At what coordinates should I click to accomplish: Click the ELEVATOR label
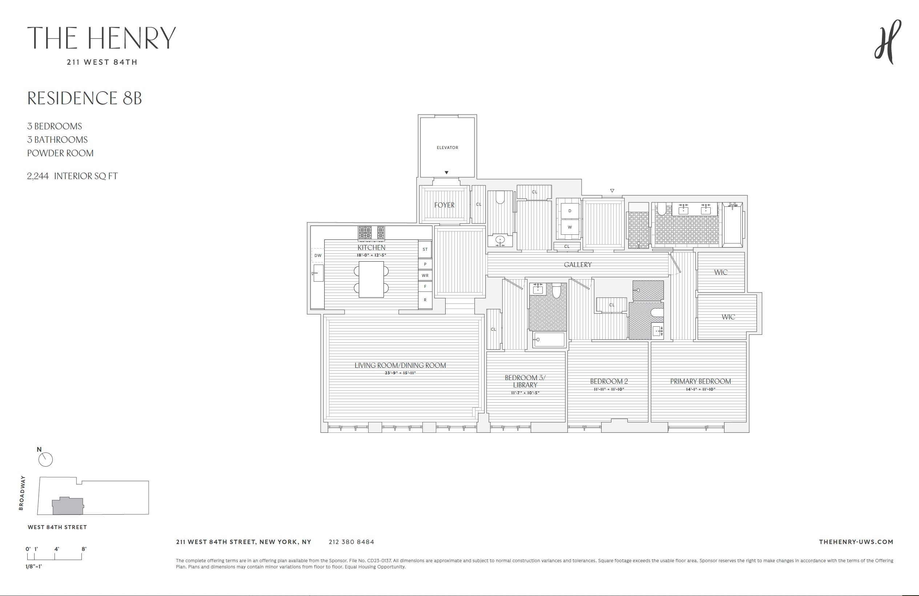coord(447,148)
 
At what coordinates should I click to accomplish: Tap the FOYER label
coord(444,205)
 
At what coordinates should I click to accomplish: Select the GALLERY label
coord(578,265)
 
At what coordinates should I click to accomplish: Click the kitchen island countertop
coord(371,279)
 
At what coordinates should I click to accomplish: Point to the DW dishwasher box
coord(318,255)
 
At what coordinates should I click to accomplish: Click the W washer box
coord(570,227)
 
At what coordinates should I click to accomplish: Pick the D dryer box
coord(570,211)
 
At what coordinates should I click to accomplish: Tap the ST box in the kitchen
coord(425,249)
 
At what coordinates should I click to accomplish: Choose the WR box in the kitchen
coord(425,275)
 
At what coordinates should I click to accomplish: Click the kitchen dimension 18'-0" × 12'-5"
coord(371,255)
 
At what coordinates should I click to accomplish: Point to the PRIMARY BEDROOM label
coord(701,381)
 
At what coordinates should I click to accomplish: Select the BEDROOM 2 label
coord(609,381)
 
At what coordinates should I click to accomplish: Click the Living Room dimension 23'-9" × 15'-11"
coord(400,373)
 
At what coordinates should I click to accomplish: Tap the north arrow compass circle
coord(45,460)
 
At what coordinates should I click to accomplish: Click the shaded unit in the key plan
coord(68,506)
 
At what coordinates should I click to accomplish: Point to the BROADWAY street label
coord(22,493)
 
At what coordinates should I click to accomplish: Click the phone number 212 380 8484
coord(352,542)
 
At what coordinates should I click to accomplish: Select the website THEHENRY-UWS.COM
coord(856,542)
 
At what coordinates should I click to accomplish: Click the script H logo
coord(888,42)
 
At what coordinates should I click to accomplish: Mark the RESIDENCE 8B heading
coord(85,98)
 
